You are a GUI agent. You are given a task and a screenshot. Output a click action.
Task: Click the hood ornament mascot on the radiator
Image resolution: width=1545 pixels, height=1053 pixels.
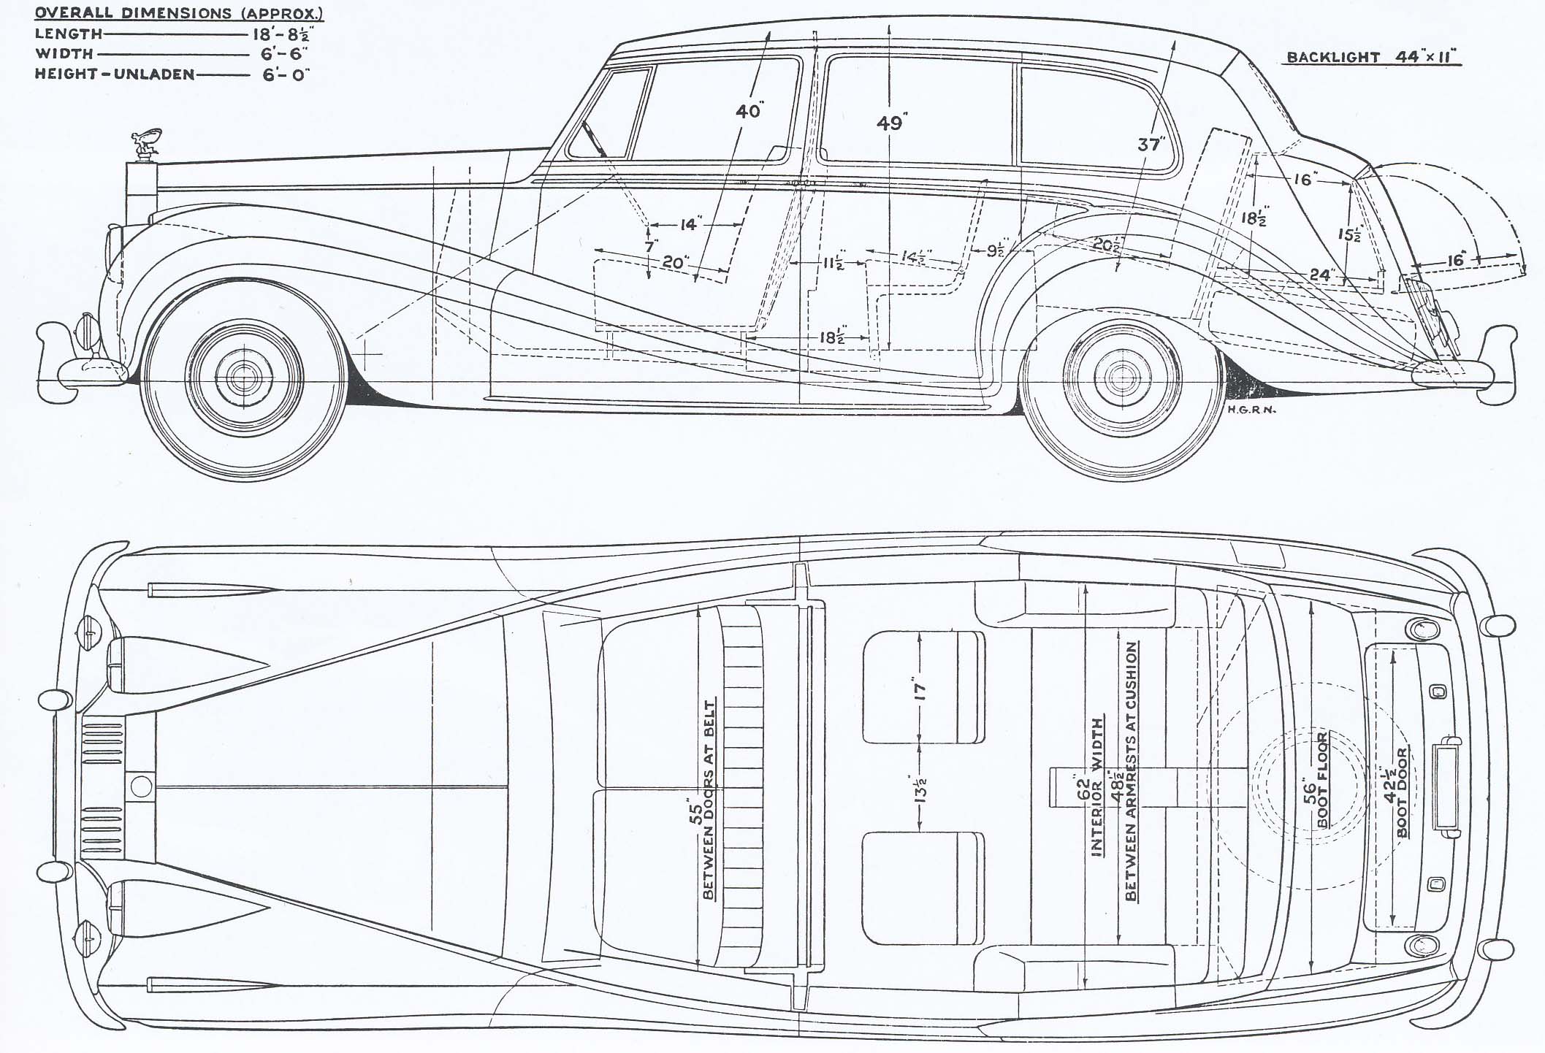[147, 147]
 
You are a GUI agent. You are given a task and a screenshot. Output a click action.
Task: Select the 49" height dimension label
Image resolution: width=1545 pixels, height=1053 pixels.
[890, 123]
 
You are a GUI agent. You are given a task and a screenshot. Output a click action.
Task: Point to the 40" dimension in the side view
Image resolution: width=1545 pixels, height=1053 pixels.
[749, 111]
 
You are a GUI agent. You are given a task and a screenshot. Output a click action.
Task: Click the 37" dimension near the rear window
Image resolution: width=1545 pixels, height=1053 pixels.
[1149, 144]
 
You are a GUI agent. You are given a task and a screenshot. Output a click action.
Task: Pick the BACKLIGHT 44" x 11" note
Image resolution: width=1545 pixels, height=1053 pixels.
[1373, 57]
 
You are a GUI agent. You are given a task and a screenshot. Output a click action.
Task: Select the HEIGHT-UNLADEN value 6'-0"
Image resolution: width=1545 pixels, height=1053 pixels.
[286, 74]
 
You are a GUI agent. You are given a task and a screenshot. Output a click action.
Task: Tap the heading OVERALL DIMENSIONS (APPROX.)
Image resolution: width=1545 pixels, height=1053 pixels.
[179, 13]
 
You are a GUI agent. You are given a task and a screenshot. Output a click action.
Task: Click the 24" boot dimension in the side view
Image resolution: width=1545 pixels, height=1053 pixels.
[1319, 275]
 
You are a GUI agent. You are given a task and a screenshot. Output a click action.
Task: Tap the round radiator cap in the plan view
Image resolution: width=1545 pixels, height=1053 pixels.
[141, 786]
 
